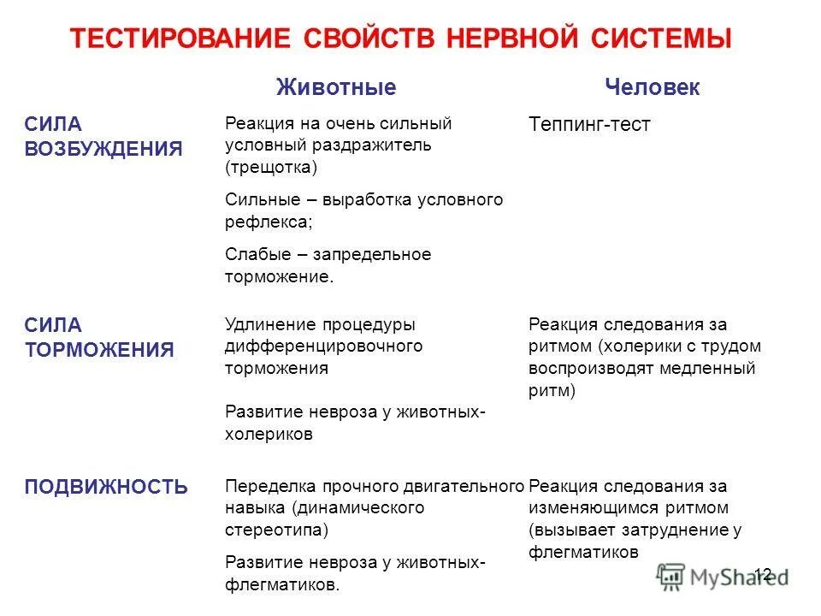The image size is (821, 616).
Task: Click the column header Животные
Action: [336, 87]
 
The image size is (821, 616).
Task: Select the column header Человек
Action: [653, 87]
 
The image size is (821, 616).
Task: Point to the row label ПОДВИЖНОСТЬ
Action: [106, 487]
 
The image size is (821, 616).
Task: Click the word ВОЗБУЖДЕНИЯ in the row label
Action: [103, 148]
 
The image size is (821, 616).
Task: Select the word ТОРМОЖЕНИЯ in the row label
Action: [99, 349]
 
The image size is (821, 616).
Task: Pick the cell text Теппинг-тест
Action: [590, 125]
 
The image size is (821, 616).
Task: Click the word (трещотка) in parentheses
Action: [271, 167]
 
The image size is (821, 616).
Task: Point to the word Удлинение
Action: [269, 325]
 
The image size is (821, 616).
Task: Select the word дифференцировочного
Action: [324, 346]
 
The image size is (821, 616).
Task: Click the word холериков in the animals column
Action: [269, 434]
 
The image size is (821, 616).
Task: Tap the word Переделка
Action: [271, 487]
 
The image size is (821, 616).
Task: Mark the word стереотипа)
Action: [277, 530]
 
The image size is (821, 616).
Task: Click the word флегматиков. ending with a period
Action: [282, 585]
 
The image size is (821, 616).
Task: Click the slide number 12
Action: [762, 574]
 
